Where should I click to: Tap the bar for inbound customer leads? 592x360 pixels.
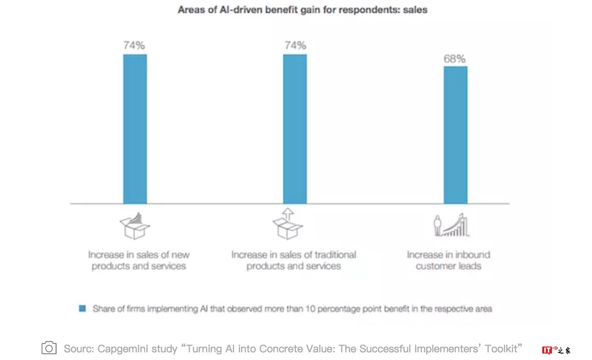tap(455, 135)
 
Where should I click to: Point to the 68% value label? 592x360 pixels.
tap(455, 59)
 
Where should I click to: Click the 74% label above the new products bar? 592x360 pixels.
tap(134, 46)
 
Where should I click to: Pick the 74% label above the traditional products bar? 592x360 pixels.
tap(295, 46)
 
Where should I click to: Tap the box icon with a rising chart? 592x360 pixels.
tap(135, 226)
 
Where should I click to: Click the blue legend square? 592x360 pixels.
tap(83, 308)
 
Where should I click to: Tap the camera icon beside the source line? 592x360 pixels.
tap(49, 348)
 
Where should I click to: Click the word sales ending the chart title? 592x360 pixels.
tap(415, 9)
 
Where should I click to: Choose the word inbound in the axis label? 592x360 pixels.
tap(473, 255)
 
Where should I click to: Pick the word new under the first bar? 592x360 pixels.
tap(181, 255)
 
